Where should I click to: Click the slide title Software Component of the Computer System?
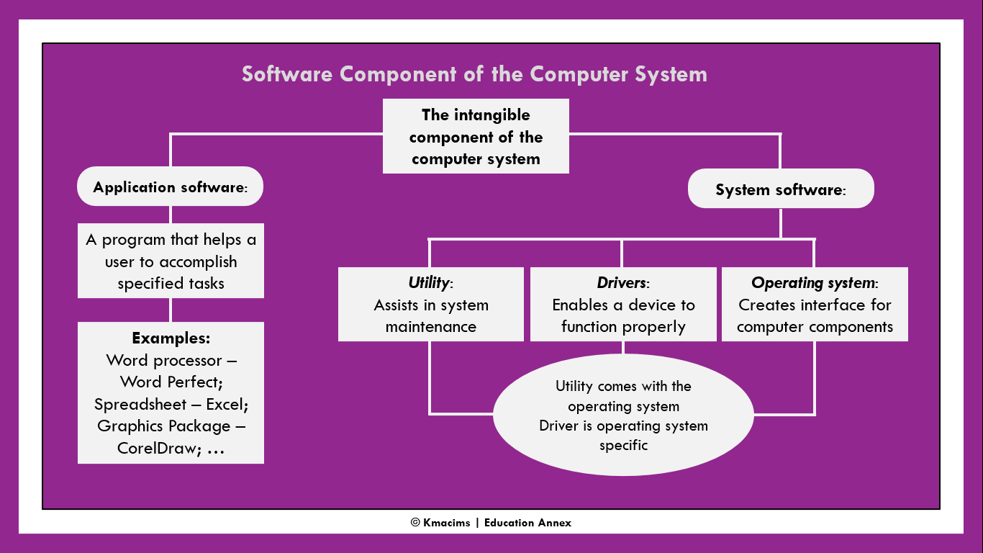[x=474, y=74]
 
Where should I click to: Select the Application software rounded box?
[x=170, y=187]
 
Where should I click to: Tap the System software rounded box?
[x=781, y=190]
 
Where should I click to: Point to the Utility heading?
[x=429, y=283]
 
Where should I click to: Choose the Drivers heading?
[x=622, y=283]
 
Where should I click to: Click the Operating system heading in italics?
[x=813, y=283]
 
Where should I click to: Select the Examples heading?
[x=171, y=338]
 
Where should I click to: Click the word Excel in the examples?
[x=225, y=404]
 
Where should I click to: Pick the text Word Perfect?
[x=171, y=382]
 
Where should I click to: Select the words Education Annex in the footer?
[x=527, y=523]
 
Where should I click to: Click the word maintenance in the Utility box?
[x=430, y=327]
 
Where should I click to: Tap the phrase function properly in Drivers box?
[x=623, y=327]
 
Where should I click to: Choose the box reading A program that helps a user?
[x=171, y=261]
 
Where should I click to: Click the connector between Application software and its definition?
[x=171, y=215]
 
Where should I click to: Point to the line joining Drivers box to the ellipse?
[x=623, y=347]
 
